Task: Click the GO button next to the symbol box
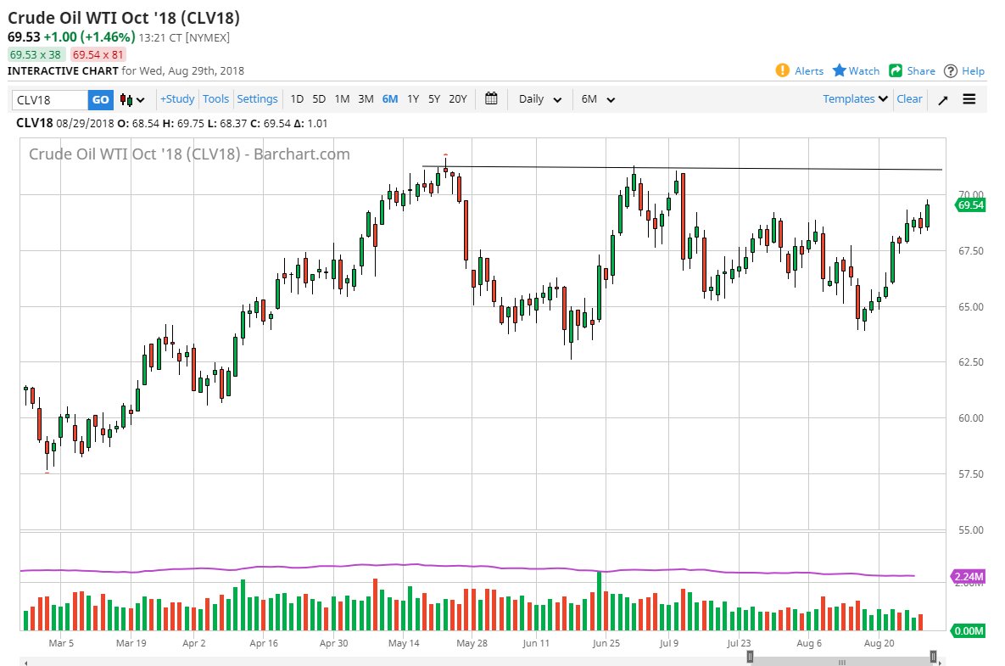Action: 100,99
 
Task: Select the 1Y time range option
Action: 413,99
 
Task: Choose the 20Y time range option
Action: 457,99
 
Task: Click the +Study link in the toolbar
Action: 177,99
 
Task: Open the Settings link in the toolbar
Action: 257,99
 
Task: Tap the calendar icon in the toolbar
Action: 491,99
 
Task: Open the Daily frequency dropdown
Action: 540,99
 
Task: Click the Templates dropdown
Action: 855,99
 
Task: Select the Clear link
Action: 909,99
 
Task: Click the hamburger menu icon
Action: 969,99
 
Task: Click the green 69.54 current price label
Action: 970,205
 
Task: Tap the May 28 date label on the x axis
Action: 472,644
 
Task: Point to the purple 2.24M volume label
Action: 969,577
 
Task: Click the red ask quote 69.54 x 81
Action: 98,54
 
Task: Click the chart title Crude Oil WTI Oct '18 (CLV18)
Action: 124,18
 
